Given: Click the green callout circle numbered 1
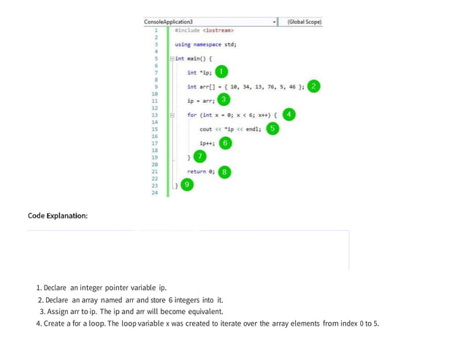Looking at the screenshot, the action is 221,72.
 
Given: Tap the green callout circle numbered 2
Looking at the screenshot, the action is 313,85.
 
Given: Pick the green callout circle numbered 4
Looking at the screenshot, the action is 289,115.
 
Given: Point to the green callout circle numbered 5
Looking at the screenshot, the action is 272,129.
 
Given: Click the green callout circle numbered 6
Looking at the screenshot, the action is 226,143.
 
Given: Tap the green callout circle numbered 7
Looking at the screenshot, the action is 200,156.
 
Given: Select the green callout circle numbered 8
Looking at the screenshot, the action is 226,172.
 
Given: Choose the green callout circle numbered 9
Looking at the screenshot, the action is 188,185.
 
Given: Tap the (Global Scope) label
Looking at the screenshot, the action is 304,22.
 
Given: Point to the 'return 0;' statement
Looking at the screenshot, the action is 201,172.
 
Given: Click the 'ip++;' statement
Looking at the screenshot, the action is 207,144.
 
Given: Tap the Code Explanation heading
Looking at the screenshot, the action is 58,216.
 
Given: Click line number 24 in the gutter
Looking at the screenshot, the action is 155,193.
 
